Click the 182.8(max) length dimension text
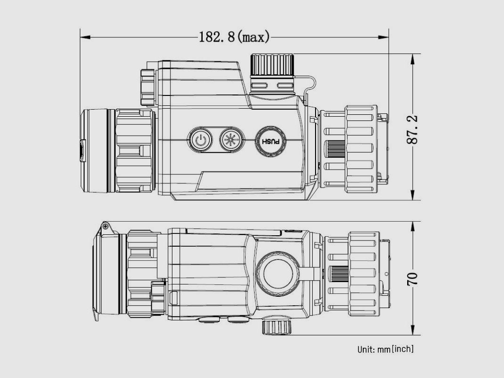[x=234, y=37]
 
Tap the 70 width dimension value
[x=412, y=279]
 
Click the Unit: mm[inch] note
[x=385, y=349]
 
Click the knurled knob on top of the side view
[x=272, y=65]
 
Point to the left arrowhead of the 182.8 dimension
[x=85, y=37]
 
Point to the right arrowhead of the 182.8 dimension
[x=384, y=37]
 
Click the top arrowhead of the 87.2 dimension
[x=412, y=59]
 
